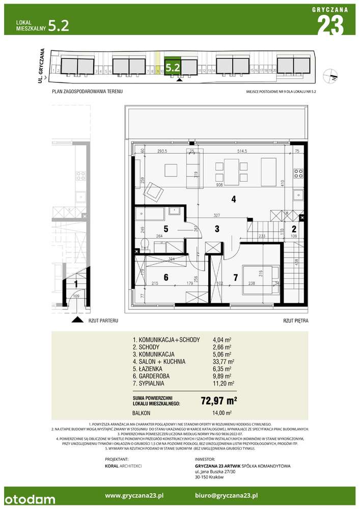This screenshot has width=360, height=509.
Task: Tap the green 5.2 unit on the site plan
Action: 173,66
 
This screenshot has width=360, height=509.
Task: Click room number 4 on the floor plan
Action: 233,200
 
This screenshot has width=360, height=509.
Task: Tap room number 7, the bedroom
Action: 235,277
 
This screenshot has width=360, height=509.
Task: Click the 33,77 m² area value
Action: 223,362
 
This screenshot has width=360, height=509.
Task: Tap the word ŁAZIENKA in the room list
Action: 149,370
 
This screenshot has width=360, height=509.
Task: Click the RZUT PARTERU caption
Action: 103,321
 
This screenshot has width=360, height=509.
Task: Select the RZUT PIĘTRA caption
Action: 296,321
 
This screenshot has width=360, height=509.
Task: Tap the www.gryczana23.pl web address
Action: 134,495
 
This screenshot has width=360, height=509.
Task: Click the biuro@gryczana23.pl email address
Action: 227,495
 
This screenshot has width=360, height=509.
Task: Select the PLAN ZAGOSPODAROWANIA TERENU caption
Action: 87,91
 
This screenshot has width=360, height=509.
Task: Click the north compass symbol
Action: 332,75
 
